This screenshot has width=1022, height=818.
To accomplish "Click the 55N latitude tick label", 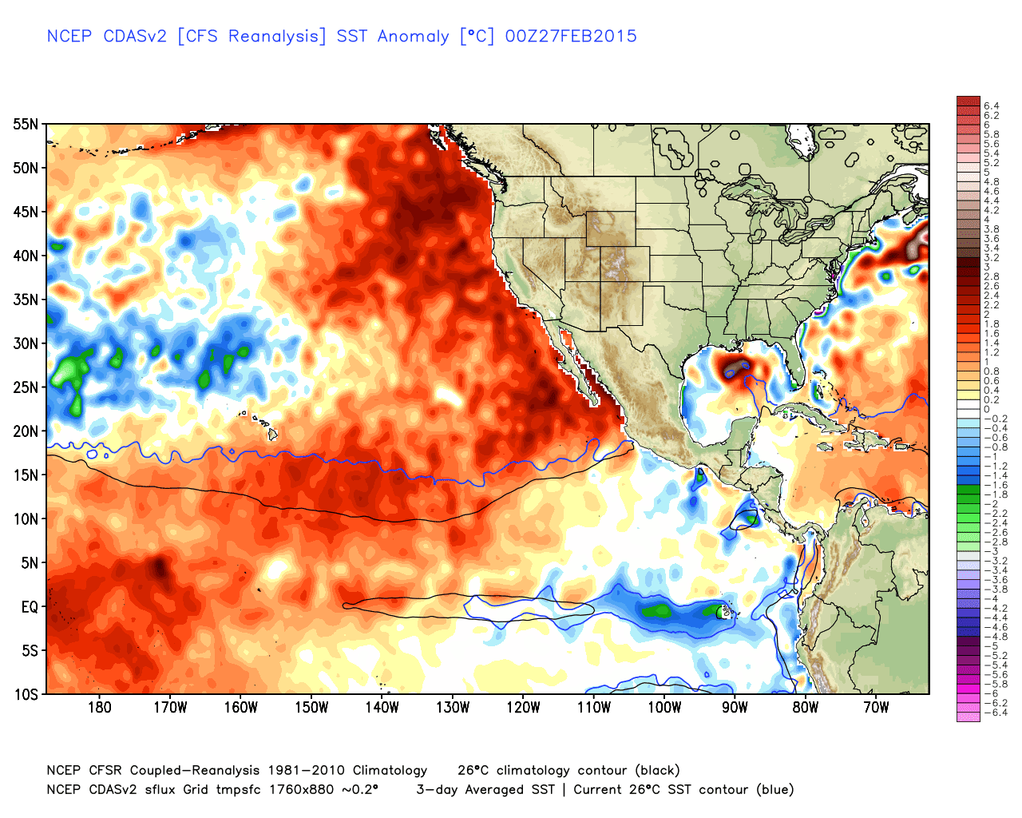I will click(26, 124).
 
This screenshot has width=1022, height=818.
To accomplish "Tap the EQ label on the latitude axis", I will click(29, 607).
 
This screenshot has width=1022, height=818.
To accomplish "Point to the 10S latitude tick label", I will click(26, 694).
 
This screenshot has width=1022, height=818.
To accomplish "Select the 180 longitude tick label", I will click(99, 708).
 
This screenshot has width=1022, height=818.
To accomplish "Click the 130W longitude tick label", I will click(453, 708).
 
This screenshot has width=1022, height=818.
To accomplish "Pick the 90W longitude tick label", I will click(735, 708).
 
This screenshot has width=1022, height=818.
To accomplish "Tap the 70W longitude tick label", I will click(876, 708).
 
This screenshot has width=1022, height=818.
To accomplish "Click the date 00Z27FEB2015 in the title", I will click(571, 36).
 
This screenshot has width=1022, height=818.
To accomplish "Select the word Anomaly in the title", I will click(413, 37).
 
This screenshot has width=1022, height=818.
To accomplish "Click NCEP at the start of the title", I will click(69, 36).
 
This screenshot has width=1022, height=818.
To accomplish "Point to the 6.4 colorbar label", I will click(991, 106).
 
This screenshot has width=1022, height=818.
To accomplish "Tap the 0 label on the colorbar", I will click(987, 409).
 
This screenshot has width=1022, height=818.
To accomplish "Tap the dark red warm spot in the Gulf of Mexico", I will click(733, 368).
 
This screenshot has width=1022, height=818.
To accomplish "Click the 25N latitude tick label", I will click(26, 387).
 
